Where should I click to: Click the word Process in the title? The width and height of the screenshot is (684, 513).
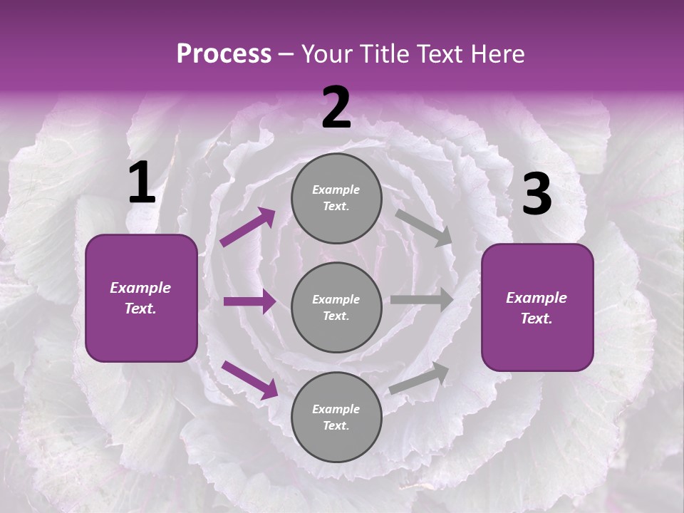pos(224,53)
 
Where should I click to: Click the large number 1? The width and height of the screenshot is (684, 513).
pos(142,183)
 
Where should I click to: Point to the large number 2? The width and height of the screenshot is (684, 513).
pos(336,108)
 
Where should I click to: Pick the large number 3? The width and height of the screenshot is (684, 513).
pos(537,195)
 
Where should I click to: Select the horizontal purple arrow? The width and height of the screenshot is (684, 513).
pos(249,301)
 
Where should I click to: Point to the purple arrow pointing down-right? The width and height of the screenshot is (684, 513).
pos(249,379)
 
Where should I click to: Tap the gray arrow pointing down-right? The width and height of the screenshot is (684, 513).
pos(424,228)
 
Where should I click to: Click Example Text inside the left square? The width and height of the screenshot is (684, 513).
pos(140,298)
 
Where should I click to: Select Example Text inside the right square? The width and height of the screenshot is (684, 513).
pos(537,308)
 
